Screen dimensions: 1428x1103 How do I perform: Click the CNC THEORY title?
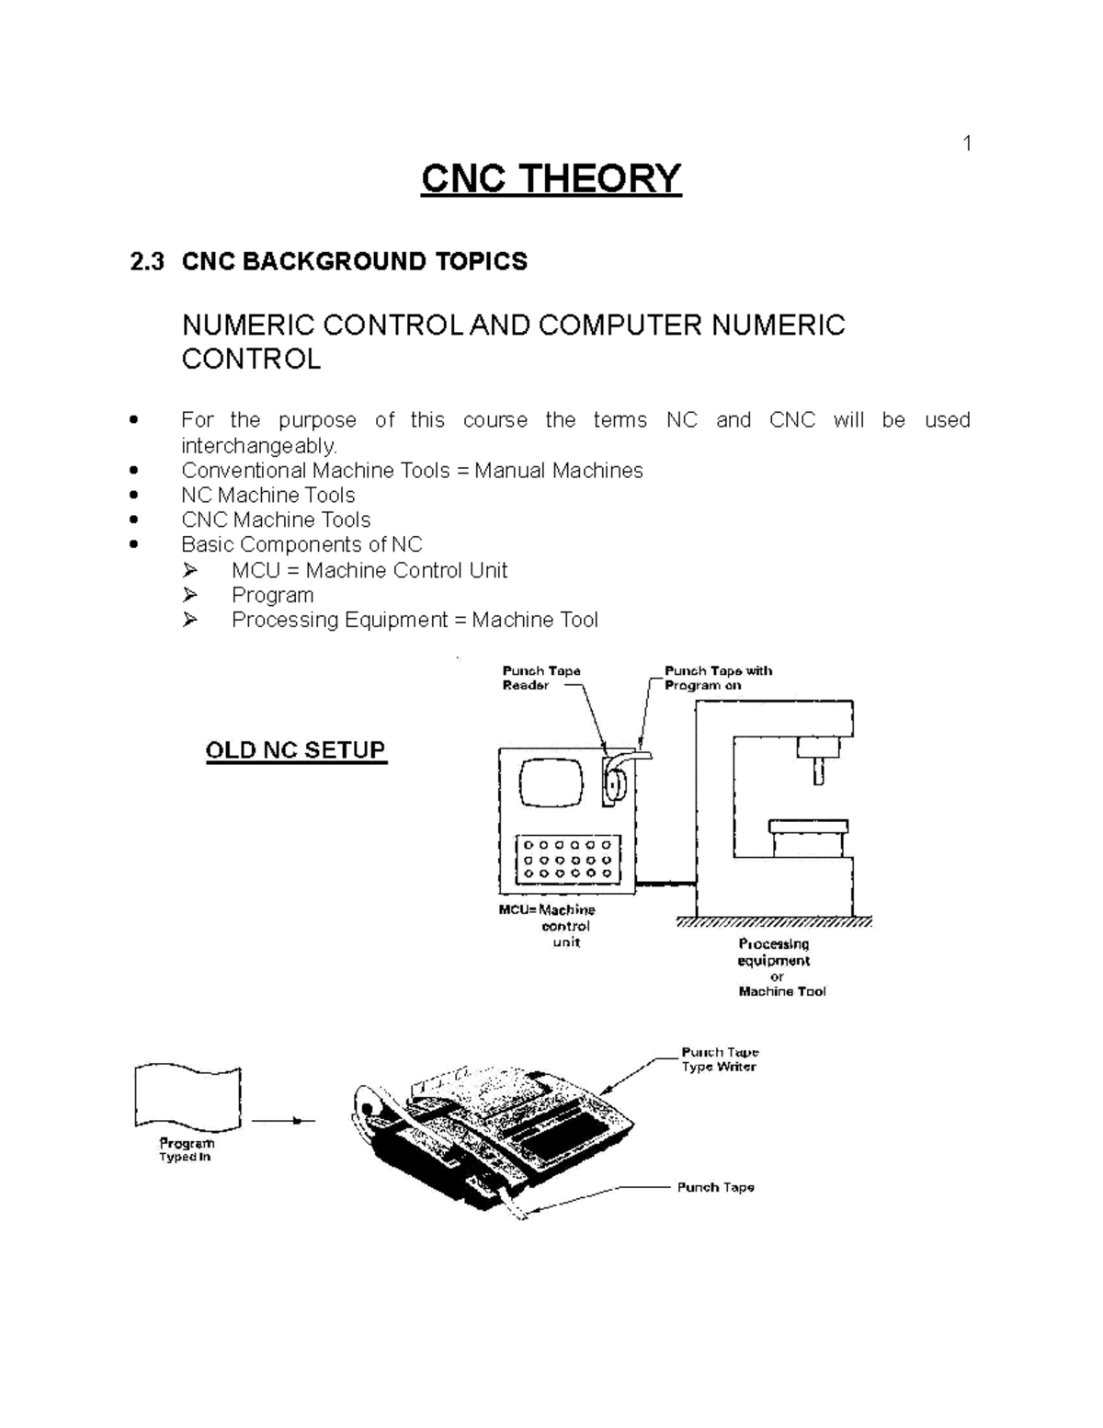551,178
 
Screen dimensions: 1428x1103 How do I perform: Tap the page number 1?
966,143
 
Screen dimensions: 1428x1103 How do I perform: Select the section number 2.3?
147,262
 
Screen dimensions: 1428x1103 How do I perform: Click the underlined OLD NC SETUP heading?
295,750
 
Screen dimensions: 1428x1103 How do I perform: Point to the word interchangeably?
259,446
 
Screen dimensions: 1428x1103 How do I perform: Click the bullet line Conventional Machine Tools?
412,471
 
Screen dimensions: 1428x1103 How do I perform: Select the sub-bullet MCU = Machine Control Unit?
369,571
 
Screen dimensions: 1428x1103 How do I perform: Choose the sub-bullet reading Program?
272,596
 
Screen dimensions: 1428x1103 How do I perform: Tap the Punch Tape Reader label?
540,678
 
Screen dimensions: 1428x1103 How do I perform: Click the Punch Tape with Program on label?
717,678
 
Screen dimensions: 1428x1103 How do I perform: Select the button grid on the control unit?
567,858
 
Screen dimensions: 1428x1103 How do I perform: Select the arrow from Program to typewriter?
282,1121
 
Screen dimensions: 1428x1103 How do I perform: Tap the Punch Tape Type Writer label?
719,1059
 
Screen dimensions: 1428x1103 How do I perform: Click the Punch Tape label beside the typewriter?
715,1187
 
